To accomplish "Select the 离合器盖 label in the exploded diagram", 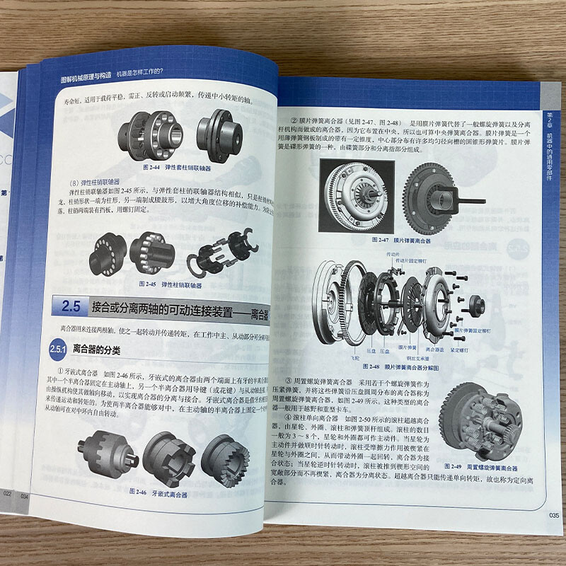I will [x=436, y=349].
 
